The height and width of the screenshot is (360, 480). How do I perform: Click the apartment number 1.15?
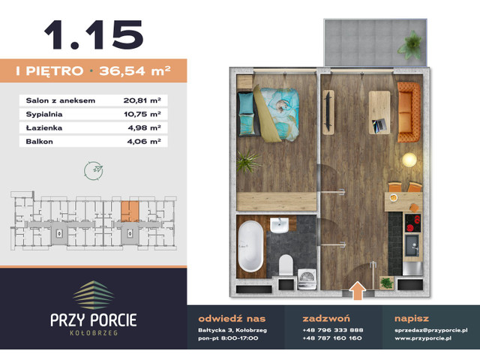[93, 35]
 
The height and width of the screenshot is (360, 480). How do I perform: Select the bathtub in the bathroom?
[250, 247]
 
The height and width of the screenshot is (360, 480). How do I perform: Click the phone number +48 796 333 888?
[332, 330]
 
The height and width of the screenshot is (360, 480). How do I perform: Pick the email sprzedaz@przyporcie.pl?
[431, 330]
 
